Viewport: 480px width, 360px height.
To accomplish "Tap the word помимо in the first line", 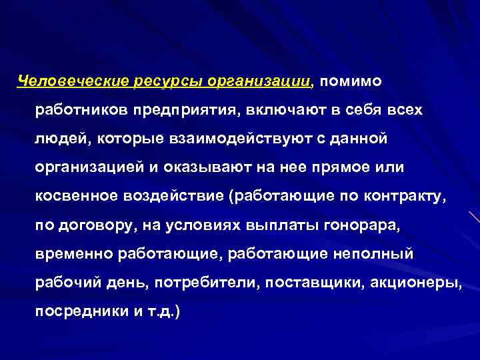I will click(x=350, y=81).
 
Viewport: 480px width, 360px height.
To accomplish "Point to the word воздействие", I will click(x=172, y=197).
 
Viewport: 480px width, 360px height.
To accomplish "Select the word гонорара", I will click(x=362, y=225).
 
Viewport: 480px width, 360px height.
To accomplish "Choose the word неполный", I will click(x=375, y=254).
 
